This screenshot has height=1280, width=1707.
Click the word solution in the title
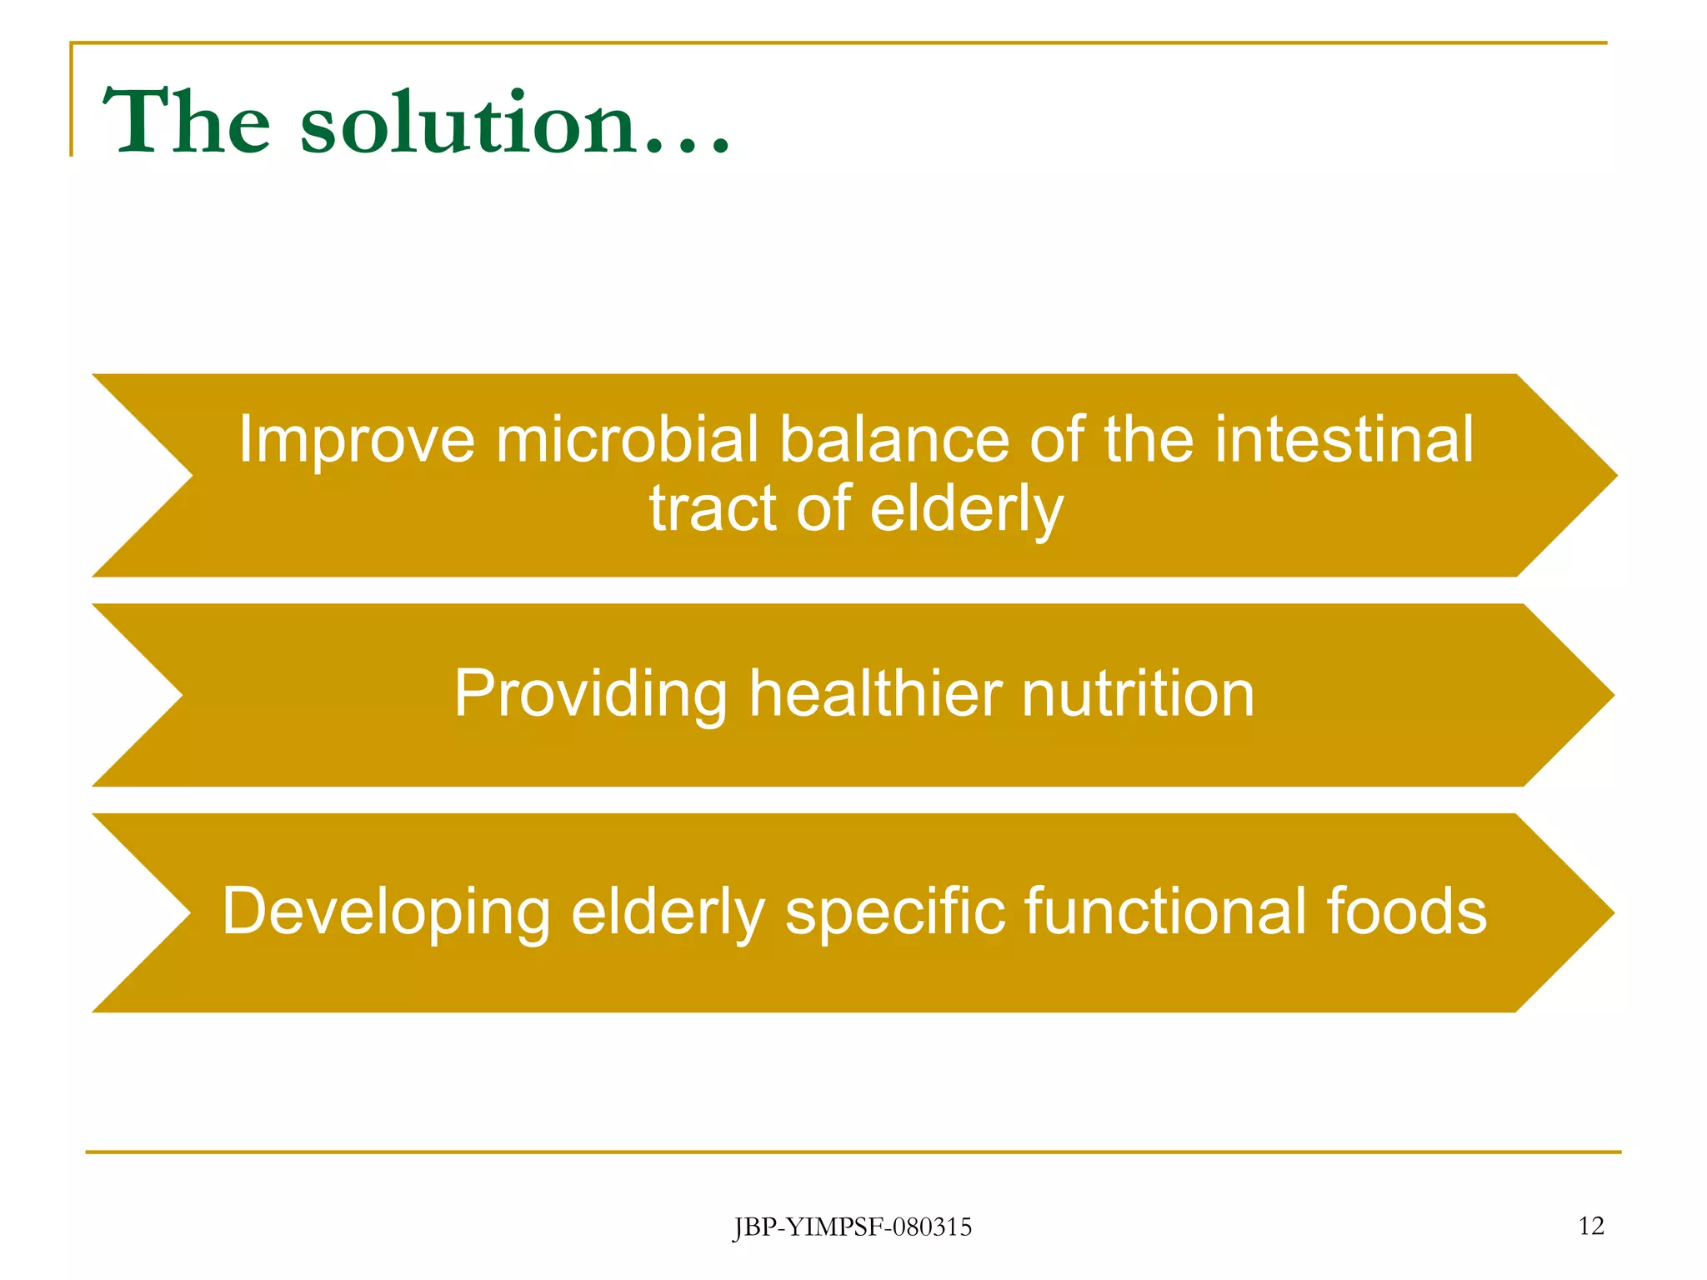coord(467,123)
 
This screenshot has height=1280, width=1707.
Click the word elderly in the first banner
coord(967,510)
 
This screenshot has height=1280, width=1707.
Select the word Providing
coord(590,694)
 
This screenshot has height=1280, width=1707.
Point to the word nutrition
coord(1138,694)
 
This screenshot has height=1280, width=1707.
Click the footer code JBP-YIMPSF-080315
coord(852,1227)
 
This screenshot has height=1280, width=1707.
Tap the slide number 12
coord(1590,1226)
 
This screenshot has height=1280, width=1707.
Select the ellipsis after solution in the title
coord(687,148)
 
